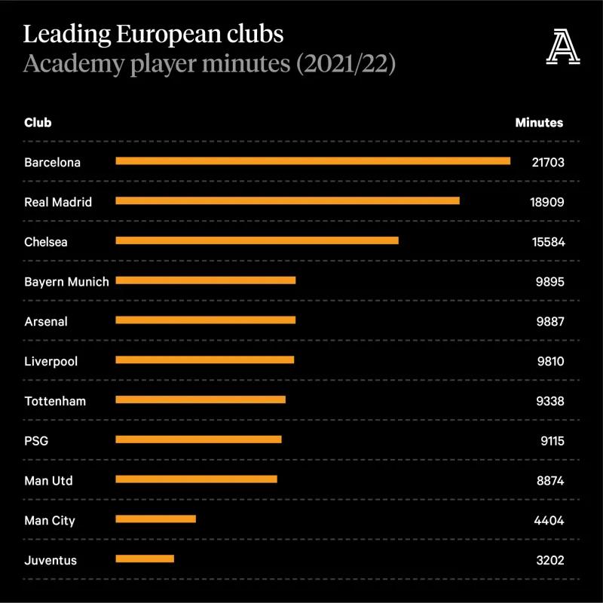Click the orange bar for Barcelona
(313, 161)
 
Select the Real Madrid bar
(287, 200)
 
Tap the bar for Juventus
(145, 559)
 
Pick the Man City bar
(155, 519)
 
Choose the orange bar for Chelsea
(257, 240)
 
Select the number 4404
(549, 521)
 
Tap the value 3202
(549, 561)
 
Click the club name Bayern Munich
(66, 282)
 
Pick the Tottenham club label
(55, 401)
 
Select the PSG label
(36, 441)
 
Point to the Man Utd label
(48, 481)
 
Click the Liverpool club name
(51, 362)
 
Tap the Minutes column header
(539, 122)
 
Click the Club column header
(38, 122)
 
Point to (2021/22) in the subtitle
(346, 63)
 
